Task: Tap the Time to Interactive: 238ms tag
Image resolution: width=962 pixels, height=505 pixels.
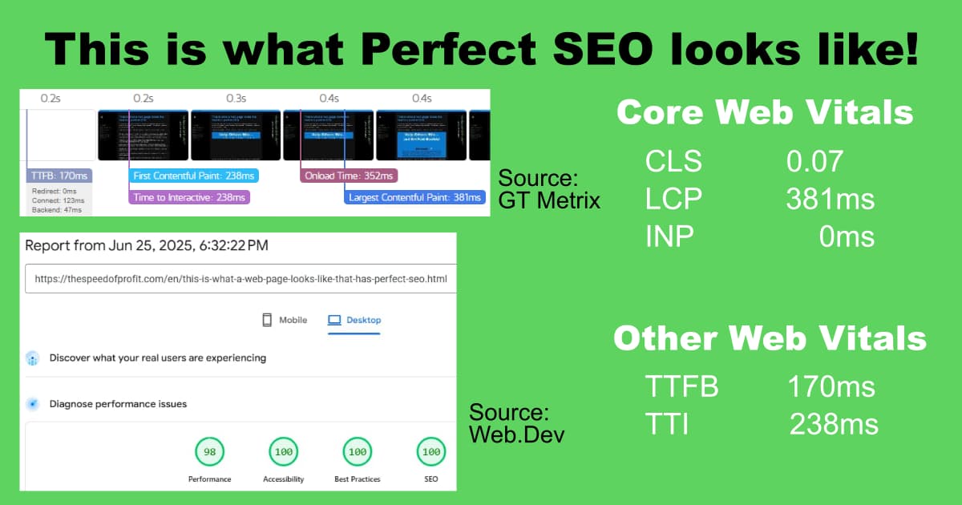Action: [189, 197]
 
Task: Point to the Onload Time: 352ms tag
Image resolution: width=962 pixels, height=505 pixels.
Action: [349, 176]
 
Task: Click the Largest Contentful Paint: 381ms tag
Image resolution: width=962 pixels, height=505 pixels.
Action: [415, 197]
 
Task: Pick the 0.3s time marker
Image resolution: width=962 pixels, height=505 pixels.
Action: [236, 99]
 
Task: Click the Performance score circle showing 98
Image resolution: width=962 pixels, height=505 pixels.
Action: [210, 452]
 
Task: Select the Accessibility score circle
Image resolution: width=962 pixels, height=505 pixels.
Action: [283, 452]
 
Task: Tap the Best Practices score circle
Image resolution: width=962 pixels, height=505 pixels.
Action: [358, 452]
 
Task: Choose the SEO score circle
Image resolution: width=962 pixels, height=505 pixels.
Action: [431, 452]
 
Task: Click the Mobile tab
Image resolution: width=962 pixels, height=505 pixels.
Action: [285, 320]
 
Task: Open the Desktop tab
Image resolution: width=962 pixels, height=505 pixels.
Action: [355, 320]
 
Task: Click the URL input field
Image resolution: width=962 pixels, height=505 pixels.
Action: [240, 281]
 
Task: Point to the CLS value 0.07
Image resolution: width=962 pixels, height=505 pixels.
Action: [814, 162]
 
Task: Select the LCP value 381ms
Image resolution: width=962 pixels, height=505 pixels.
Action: [830, 199]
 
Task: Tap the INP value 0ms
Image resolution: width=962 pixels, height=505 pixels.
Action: [847, 236]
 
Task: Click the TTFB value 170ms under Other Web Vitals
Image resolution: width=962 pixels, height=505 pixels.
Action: [831, 388]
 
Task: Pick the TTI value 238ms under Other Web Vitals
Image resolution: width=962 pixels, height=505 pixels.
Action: [834, 424]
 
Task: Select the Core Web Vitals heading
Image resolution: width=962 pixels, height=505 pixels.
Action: [765, 112]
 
